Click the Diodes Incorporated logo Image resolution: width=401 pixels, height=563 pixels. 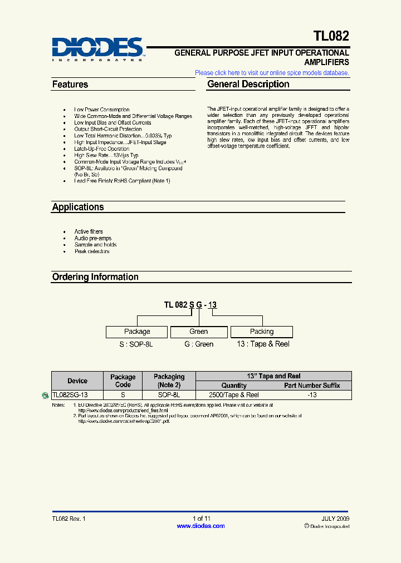click(98, 49)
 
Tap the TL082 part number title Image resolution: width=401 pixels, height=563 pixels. click(331, 37)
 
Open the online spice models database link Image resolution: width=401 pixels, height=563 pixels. click(272, 73)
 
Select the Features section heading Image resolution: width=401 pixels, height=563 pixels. click(70, 85)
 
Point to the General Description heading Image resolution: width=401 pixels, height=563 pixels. click(248, 85)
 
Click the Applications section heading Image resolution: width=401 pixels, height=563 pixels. click(78, 207)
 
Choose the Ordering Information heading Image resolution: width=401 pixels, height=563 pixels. click(95, 277)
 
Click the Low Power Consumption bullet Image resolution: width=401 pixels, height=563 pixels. click(102, 110)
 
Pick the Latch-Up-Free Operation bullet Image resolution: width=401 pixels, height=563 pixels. click(102, 149)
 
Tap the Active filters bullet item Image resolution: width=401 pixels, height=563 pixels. click(89, 231)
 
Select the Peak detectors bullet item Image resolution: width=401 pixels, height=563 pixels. click(92, 251)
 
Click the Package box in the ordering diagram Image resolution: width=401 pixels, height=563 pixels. click(137, 332)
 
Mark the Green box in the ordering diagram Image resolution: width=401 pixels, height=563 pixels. click(199, 332)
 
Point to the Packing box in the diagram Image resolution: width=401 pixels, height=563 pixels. click(262, 332)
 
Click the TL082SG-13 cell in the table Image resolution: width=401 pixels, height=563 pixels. click(70, 395)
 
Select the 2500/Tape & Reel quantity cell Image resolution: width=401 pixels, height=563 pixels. click(233, 395)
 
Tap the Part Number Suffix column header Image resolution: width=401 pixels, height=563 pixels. click(312, 386)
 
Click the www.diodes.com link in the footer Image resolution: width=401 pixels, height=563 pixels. click(200, 526)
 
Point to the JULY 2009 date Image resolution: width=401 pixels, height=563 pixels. click(334, 518)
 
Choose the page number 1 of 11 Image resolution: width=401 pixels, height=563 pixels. click(201, 518)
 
